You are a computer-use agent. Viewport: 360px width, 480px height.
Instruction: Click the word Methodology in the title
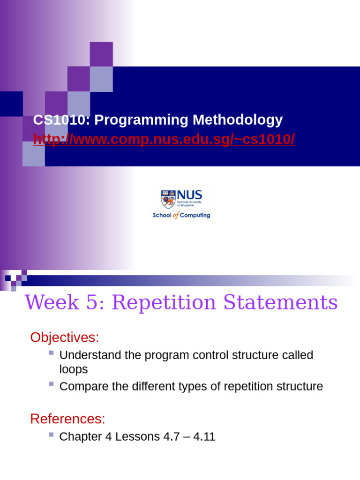238,120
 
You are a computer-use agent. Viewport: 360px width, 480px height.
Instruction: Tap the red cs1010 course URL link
164,139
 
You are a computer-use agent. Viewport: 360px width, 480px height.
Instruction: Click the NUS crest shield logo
168,199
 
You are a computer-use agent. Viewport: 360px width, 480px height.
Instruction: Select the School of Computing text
181,215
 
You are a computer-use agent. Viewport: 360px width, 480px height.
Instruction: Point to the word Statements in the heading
280,302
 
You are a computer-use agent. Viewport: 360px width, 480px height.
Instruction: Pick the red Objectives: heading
65,337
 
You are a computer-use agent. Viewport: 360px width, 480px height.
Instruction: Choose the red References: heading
67,419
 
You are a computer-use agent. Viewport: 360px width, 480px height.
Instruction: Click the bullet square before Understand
52,352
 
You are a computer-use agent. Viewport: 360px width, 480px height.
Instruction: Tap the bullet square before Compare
52,384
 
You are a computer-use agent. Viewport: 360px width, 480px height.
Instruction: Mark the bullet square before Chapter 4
52,435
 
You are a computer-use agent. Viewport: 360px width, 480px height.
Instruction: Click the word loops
74,369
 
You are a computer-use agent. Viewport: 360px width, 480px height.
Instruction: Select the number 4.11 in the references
204,436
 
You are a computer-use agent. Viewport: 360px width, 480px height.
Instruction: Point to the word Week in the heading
52,302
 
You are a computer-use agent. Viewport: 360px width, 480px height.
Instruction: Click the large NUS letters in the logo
189,195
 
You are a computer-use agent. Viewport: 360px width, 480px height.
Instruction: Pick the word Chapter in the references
81,436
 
